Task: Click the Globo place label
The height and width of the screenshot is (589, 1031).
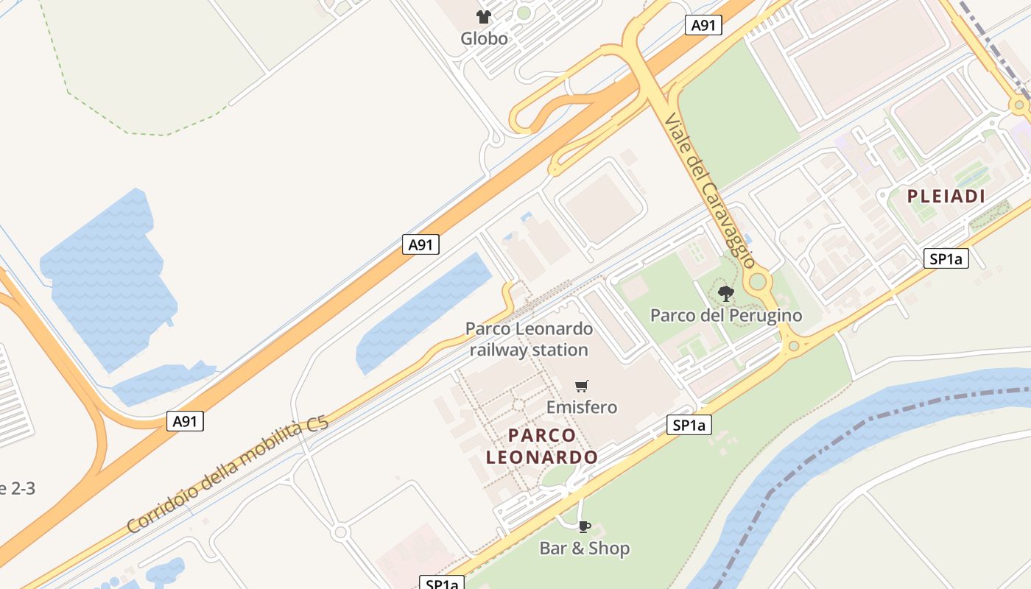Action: tap(484, 38)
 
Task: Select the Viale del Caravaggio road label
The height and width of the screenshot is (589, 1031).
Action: tap(708, 190)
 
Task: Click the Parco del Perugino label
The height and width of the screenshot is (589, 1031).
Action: tap(725, 316)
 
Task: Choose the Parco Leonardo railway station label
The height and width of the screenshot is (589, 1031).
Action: tap(529, 339)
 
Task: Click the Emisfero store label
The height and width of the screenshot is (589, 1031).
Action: tap(581, 407)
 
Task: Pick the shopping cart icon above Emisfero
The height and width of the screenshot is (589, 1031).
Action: tap(582, 386)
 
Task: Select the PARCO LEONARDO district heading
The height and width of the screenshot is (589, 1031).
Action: tap(542, 446)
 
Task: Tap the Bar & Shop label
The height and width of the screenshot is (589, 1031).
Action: tap(584, 549)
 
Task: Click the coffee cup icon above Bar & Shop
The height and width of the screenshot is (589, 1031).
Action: tap(584, 526)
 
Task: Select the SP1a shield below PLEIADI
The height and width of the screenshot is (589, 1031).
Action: tap(946, 258)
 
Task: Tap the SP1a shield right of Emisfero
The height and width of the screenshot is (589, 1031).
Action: tap(689, 425)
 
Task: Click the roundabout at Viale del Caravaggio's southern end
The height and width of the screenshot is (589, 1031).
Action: tap(758, 281)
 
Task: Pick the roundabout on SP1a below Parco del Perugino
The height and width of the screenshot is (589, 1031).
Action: tap(793, 345)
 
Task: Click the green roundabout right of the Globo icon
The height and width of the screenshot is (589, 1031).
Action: tap(524, 13)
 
